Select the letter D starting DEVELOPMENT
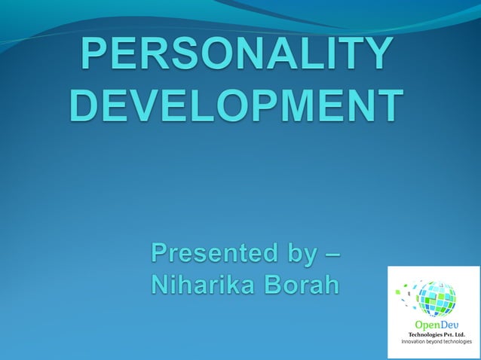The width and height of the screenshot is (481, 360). pos(84,105)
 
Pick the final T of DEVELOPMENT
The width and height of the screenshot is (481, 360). pos(388,105)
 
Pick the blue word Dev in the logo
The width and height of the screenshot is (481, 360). pos(449,325)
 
